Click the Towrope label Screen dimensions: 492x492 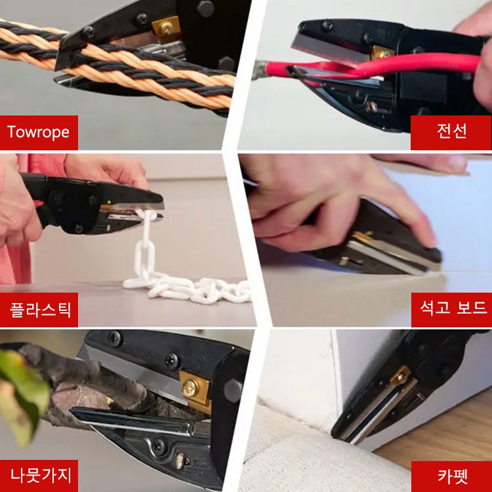click(39, 132)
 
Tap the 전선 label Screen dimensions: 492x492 click(451, 132)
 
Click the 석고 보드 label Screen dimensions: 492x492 click(451, 309)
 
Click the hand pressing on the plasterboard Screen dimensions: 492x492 click(328, 197)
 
